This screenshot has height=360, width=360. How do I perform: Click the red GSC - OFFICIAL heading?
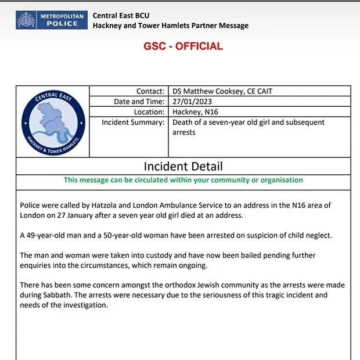pyautogui.click(x=183, y=47)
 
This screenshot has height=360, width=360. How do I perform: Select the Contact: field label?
pyautogui.click(x=150, y=91)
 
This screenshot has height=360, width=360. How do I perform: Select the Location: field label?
pyautogui.click(x=149, y=111)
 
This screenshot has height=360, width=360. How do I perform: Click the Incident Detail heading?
pyautogui.click(x=183, y=167)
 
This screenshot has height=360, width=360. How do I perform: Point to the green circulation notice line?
pyautogui.click(x=183, y=180)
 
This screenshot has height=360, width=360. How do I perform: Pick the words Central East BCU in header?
pyautogui.click(x=121, y=15)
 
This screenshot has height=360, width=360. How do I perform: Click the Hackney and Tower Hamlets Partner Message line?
pyautogui.click(x=170, y=26)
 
